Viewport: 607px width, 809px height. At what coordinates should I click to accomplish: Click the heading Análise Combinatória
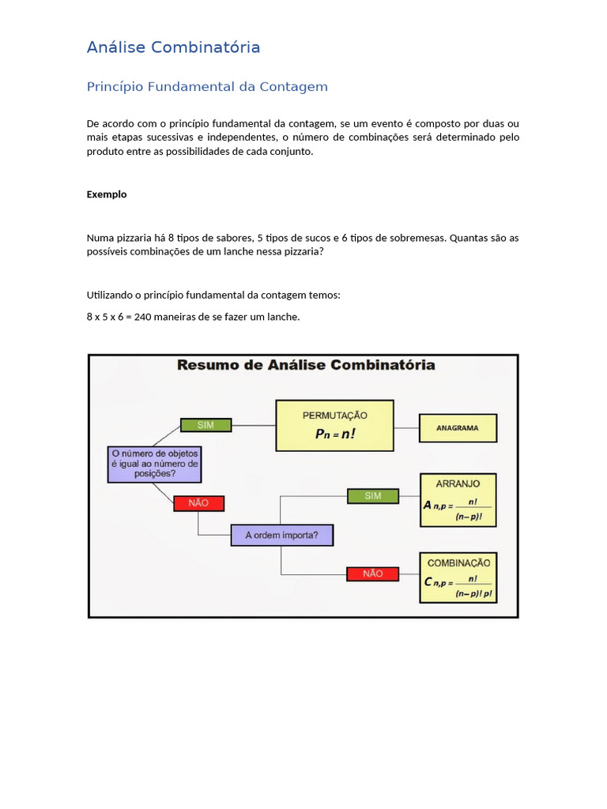pyautogui.click(x=173, y=47)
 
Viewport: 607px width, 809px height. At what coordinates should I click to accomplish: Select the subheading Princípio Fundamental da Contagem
pyautogui.click(x=207, y=87)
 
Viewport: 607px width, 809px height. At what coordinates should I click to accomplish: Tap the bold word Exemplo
pyautogui.click(x=107, y=194)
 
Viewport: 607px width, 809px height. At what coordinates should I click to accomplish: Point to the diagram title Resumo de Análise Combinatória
pyautogui.click(x=306, y=365)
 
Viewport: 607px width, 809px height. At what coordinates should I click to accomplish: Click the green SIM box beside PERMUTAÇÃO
pyautogui.click(x=205, y=425)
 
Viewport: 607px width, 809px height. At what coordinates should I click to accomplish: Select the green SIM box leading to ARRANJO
pyautogui.click(x=373, y=495)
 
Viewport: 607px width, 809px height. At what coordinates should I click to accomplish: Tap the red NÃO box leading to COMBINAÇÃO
pyautogui.click(x=373, y=574)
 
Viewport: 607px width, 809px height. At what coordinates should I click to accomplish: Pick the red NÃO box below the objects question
pyautogui.click(x=198, y=502)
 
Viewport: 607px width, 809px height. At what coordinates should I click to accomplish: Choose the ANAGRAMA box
pyautogui.click(x=458, y=428)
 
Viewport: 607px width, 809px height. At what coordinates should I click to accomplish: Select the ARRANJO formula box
pyautogui.click(x=458, y=500)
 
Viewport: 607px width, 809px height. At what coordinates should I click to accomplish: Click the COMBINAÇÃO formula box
pyautogui.click(x=458, y=578)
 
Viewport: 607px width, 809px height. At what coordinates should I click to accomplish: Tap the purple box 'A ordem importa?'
pyautogui.click(x=281, y=535)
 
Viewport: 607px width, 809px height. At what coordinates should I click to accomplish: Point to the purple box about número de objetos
pyautogui.click(x=155, y=464)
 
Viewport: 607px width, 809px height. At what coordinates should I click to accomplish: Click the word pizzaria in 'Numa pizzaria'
pyautogui.click(x=132, y=237)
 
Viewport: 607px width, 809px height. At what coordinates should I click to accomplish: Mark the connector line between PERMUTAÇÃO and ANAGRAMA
pyautogui.click(x=405, y=427)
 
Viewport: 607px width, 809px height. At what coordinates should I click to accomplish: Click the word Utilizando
pyautogui.click(x=109, y=295)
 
